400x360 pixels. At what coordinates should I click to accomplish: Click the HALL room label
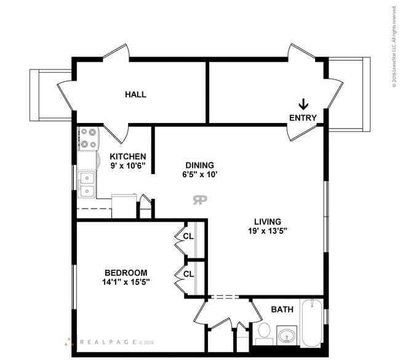coord(136,95)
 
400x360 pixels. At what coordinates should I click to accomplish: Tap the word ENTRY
coord(303,118)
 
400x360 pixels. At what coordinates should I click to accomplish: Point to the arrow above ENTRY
coord(303,105)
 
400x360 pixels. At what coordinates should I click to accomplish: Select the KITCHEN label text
coord(128,156)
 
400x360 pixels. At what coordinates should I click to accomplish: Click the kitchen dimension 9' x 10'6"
coord(128,166)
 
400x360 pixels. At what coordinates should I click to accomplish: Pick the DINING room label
coord(200,166)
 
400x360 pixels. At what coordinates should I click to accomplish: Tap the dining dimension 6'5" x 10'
coord(200,175)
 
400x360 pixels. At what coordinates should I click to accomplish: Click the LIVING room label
coord(268,222)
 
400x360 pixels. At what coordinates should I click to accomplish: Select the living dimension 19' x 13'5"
coord(268,231)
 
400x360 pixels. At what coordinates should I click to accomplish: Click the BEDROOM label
coord(126,273)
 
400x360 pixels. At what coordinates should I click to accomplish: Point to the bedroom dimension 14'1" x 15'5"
coord(126,282)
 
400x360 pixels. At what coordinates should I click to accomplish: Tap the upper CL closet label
coord(188,236)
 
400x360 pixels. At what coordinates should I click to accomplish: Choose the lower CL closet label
coord(188,274)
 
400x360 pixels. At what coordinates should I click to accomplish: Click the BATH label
coord(282,310)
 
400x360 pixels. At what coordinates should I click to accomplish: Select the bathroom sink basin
coord(287,335)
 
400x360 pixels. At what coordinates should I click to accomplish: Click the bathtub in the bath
coord(311,323)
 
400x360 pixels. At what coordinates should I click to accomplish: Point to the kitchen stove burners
coord(88,138)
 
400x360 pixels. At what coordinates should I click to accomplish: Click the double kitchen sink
coord(87,185)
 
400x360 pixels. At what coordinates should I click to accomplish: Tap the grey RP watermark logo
coord(200,200)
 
